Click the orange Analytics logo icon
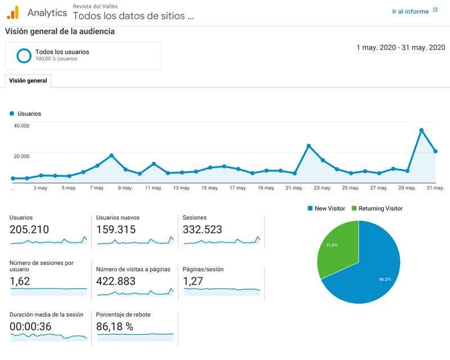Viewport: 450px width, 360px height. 13,12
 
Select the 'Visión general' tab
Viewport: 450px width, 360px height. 28,81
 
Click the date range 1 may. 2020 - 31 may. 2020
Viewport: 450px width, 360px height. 400,48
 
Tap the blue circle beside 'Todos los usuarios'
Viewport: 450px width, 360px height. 24,56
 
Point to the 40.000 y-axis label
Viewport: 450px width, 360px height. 21,125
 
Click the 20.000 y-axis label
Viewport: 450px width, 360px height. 21,156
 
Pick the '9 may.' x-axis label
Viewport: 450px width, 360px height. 124,188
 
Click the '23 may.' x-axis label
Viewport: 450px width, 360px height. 322,188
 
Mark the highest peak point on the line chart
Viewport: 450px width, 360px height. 421,130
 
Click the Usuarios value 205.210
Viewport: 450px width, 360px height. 29,229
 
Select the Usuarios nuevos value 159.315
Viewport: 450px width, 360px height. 116,229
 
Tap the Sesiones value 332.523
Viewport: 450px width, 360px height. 202,229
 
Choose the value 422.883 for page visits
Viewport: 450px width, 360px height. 116,281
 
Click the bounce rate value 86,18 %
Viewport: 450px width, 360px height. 115,327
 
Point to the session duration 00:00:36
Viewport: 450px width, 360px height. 31,327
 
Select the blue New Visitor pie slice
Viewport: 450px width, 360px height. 371,270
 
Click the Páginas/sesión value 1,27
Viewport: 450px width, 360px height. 193,281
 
